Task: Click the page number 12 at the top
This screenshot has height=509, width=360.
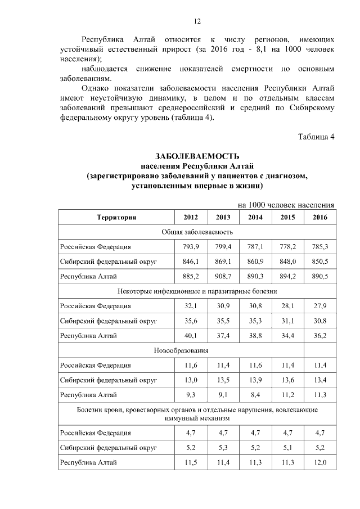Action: point(197,21)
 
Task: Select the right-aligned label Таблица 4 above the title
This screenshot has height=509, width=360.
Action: point(316,137)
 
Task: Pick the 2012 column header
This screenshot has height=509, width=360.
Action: point(191,217)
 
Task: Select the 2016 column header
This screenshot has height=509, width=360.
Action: point(319,217)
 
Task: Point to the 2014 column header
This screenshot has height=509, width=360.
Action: point(255,217)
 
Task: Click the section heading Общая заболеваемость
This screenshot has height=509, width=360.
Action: point(197,232)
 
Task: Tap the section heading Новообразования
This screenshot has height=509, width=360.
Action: point(181,350)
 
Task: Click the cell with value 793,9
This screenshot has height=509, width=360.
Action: point(191,247)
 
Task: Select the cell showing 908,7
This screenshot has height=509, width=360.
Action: point(223,277)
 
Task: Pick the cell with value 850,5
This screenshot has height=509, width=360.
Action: point(319,262)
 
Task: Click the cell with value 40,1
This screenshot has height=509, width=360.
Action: point(191,336)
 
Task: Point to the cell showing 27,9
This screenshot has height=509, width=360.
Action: point(319,306)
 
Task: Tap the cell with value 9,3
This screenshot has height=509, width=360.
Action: point(191,395)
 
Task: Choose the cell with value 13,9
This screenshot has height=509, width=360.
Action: point(255,380)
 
